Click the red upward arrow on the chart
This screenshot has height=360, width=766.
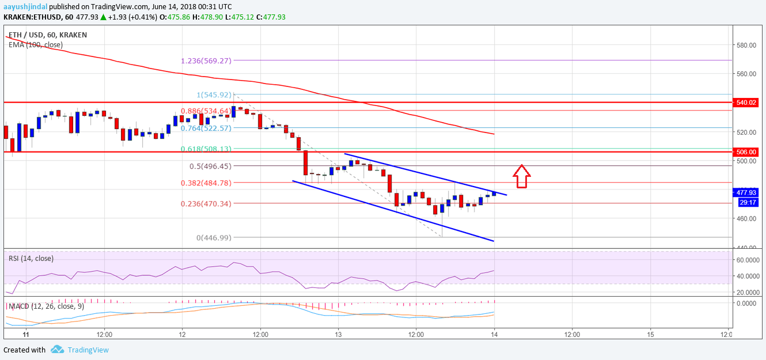[x=521, y=176]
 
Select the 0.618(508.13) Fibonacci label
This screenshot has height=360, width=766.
[x=206, y=149]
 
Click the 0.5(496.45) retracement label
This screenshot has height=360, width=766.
[x=210, y=166]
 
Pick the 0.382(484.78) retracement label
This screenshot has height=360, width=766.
[x=206, y=183]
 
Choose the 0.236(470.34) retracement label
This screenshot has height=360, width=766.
[x=206, y=203]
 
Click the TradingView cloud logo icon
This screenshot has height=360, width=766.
[x=57, y=349]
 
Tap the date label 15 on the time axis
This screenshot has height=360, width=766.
[x=650, y=334]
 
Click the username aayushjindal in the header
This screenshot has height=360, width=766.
[x=25, y=7]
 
